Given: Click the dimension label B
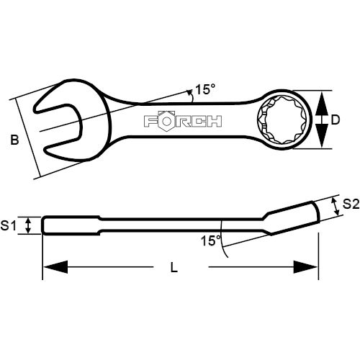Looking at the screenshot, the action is coord(14,140).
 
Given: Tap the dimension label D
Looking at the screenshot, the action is coord(336,120).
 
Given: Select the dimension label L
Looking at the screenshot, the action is coord(174,267).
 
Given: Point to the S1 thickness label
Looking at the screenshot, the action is coord(8,225).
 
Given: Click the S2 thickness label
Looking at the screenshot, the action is coord(351,204).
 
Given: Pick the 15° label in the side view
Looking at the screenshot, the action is coord(210,240).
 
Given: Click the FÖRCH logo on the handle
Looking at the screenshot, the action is coord(183,121).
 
